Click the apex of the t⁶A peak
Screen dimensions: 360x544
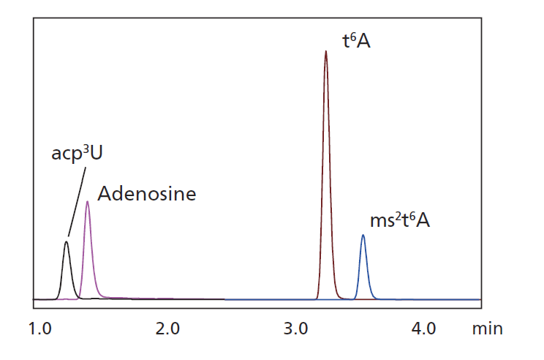[325, 51]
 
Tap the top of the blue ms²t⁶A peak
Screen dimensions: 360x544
[363, 236]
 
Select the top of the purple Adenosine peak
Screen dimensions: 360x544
[88, 202]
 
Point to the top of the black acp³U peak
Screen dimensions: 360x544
[67, 242]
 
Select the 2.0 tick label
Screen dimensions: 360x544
[168, 329]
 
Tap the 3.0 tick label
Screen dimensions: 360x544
[296, 329]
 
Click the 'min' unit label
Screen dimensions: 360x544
[487, 329]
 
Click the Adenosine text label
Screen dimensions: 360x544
[147, 195]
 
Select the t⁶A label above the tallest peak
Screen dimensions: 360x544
[357, 41]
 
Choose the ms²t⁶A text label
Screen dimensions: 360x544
[400, 220]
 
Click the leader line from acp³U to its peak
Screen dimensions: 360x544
[76, 200]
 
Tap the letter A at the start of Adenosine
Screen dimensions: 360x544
[105, 195]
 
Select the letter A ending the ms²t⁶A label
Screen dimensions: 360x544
[423, 220]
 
